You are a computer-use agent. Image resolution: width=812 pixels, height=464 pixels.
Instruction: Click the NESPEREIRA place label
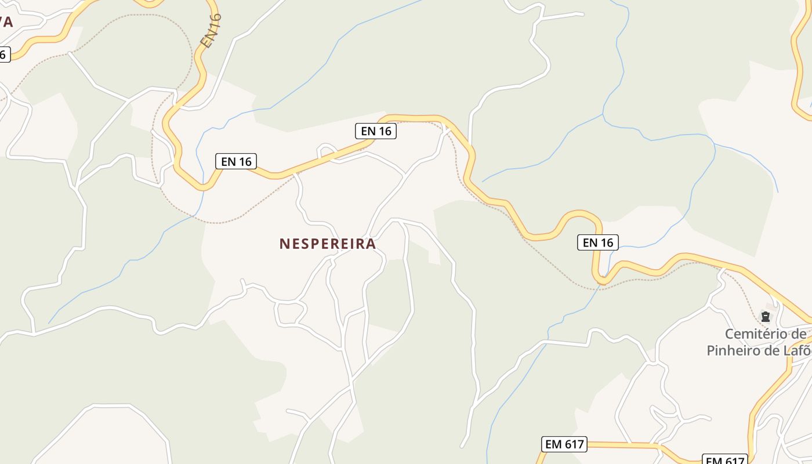328,244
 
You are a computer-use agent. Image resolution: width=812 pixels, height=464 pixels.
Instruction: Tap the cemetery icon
766,317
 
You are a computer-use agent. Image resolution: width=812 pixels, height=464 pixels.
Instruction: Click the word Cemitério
757,334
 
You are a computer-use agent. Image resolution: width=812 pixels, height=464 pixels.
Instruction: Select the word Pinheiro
733,350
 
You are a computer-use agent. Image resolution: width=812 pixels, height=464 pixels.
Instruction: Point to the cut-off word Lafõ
795,350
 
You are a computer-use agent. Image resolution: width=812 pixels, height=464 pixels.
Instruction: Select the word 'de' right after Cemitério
799,334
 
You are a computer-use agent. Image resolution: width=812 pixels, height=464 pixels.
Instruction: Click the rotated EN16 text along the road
211,30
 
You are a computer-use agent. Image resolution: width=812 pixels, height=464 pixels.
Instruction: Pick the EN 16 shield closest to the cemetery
598,242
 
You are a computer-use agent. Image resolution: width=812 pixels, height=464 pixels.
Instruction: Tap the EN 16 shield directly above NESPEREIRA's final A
376,131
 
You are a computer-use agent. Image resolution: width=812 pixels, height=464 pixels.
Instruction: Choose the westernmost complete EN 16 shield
236,161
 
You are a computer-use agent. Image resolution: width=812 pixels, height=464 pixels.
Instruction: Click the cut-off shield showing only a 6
4,55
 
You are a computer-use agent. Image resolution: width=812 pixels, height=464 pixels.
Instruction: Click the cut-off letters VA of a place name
6,23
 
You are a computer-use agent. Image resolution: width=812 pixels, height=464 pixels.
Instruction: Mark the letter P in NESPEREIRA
318,244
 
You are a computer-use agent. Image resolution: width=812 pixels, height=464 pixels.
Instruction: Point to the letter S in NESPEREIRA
307,244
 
